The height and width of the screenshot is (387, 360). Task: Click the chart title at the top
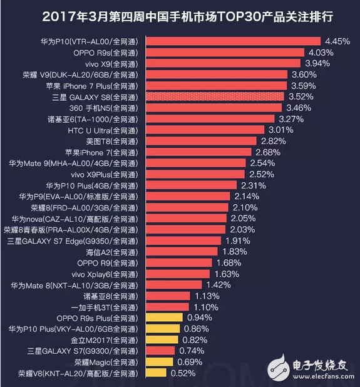tap(180, 15)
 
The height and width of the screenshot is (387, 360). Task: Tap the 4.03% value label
tap(321, 53)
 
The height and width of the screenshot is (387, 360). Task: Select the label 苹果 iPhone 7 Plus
tap(101, 85)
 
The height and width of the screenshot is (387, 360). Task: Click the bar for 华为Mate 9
tap(196, 163)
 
